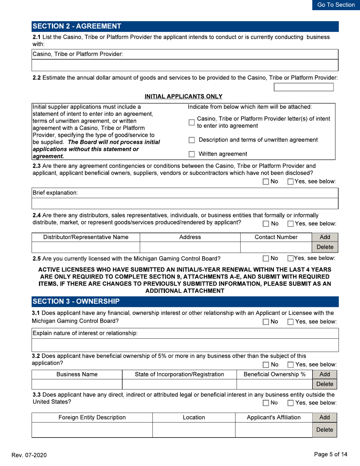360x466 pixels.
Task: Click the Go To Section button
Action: click(336, 5)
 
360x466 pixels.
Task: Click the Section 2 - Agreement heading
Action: click(77, 26)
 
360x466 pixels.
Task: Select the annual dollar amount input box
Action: click(304, 87)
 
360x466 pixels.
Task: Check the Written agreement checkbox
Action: click(192, 154)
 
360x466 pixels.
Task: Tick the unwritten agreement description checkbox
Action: click(192, 140)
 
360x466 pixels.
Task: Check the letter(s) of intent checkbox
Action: click(192, 122)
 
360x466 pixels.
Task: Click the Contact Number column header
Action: click(275, 237)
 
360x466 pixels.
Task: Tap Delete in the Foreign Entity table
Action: click(324, 430)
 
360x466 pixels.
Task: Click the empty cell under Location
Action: click(194, 430)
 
